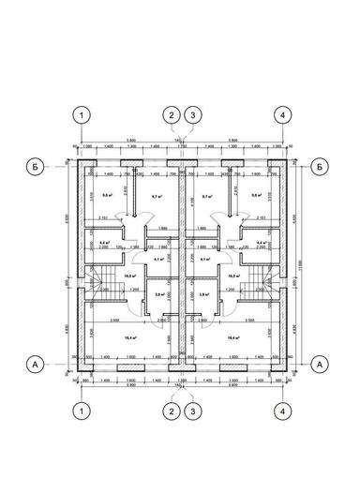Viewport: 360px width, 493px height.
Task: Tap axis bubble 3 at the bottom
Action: pos(192,411)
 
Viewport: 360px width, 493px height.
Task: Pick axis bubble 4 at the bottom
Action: pos(280,411)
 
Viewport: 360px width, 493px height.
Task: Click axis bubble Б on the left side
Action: pos(33,166)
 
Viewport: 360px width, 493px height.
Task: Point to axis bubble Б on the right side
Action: pos(321,166)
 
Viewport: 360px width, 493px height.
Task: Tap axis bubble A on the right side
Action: pos(321,362)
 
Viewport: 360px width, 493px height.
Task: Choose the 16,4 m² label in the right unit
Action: pos(231,337)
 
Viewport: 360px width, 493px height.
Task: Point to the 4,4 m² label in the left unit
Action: pos(102,243)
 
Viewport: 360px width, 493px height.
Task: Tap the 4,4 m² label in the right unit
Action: pos(260,243)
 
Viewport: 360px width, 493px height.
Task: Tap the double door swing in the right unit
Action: pos(214,217)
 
